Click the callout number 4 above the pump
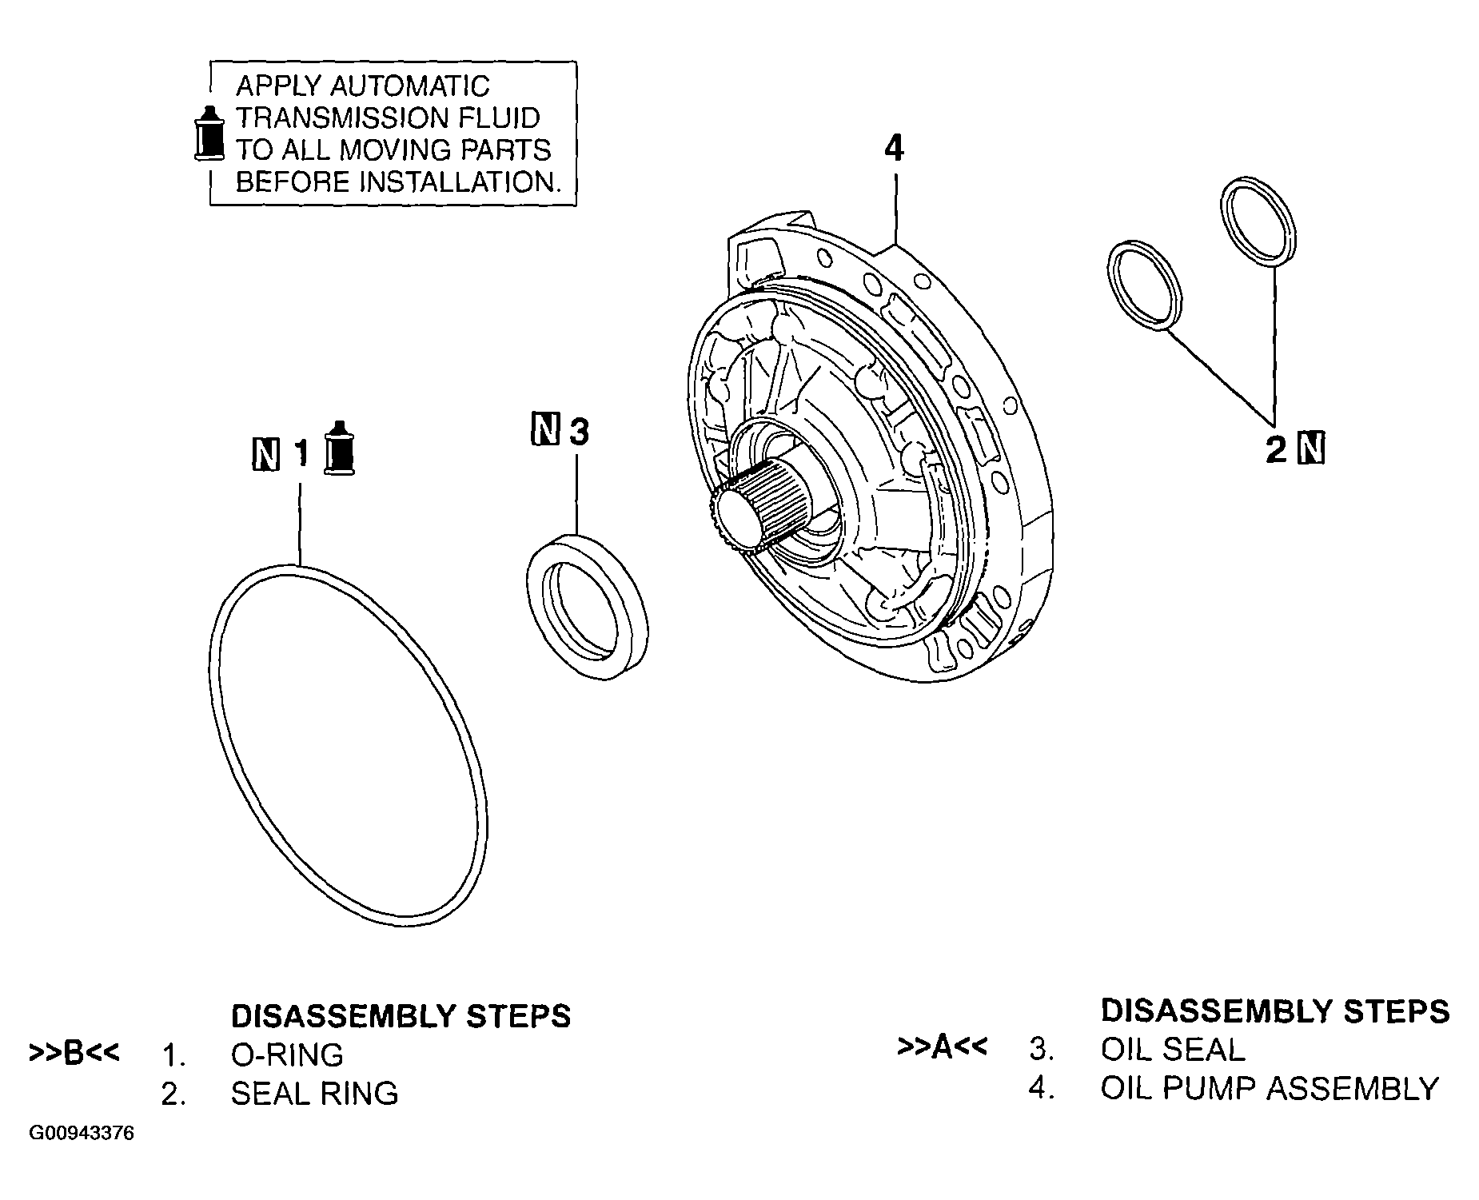(895, 149)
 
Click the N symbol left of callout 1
(265, 454)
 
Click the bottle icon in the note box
(210, 134)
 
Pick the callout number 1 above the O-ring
(301, 454)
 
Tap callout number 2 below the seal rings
(1277, 450)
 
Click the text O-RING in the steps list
(287, 1055)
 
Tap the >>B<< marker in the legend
(74, 1052)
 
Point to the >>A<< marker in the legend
(943, 1047)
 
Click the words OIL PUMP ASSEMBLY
(1269, 1087)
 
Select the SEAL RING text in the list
(314, 1094)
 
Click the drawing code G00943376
(82, 1134)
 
